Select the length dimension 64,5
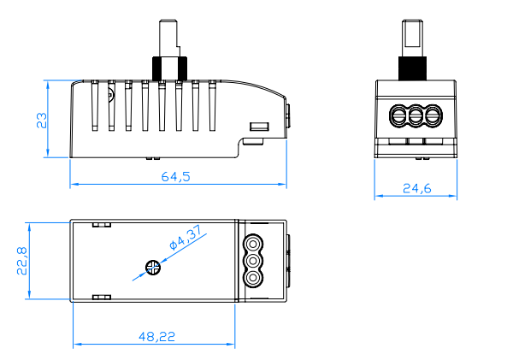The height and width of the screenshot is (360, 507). [x=175, y=177]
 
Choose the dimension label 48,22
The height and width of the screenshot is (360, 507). [x=156, y=337]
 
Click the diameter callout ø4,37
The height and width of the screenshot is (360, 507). [x=186, y=239]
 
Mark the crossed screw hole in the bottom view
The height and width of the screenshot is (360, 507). [x=154, y=268]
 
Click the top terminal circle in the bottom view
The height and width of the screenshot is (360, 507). [x=253, y=243]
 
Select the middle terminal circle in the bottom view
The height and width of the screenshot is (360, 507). [x=253, y=261]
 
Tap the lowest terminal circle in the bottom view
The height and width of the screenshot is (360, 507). [x=253, y=279]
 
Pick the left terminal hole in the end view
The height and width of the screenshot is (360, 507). [x=398, y=115]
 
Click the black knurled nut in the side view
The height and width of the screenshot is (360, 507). [x=168, y=67]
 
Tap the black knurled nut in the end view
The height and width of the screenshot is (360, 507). [x=416, y=67]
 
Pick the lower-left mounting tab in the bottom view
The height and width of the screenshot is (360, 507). [x=101, y=297]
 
